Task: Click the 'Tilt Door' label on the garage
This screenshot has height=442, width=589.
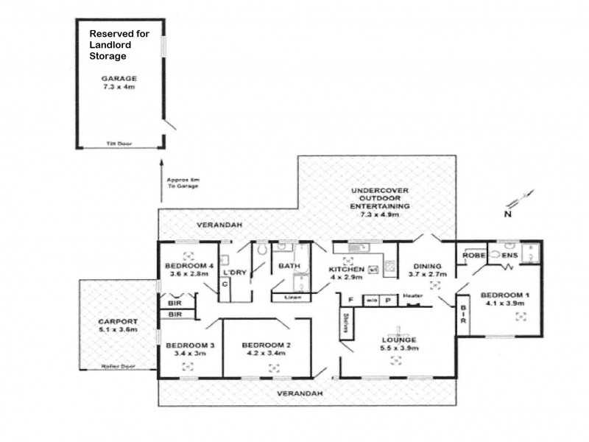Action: (x=113, y=144)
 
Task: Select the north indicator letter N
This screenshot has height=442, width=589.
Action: (x=507, y=216)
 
